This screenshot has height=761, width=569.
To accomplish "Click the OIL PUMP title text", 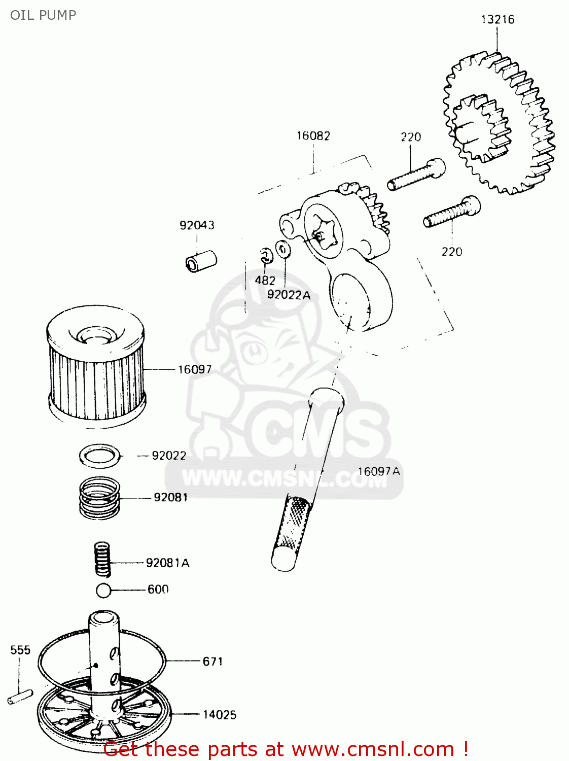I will [x=43, y=15].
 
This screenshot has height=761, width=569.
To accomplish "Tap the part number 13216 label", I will [x=497, y=19].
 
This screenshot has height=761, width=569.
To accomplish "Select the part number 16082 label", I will [x=313, y=136].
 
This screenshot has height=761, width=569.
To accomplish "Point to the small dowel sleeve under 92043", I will [x=201, y=261].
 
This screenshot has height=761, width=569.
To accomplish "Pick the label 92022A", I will [x=289, y=295].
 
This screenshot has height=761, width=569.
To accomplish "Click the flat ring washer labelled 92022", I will [x=101, y=456].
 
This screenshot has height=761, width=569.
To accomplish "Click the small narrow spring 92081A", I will [x=102, y=559].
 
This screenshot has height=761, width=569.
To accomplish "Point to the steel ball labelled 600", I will [x=103, y=591].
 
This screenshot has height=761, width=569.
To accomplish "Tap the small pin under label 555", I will [x=20, y=697].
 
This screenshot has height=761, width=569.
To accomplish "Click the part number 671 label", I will [x=212, y=662].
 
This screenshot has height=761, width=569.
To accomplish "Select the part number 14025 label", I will [x=220, y=715].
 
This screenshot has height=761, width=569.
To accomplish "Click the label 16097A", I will [x=379, y=471].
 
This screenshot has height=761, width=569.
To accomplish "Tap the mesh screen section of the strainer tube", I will [x=293, y=523].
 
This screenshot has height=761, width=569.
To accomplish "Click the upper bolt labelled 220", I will [x=416, y=175].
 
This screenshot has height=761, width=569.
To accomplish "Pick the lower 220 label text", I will [x=451, y=252].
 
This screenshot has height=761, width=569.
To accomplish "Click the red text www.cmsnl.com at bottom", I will [x=373, y=749].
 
